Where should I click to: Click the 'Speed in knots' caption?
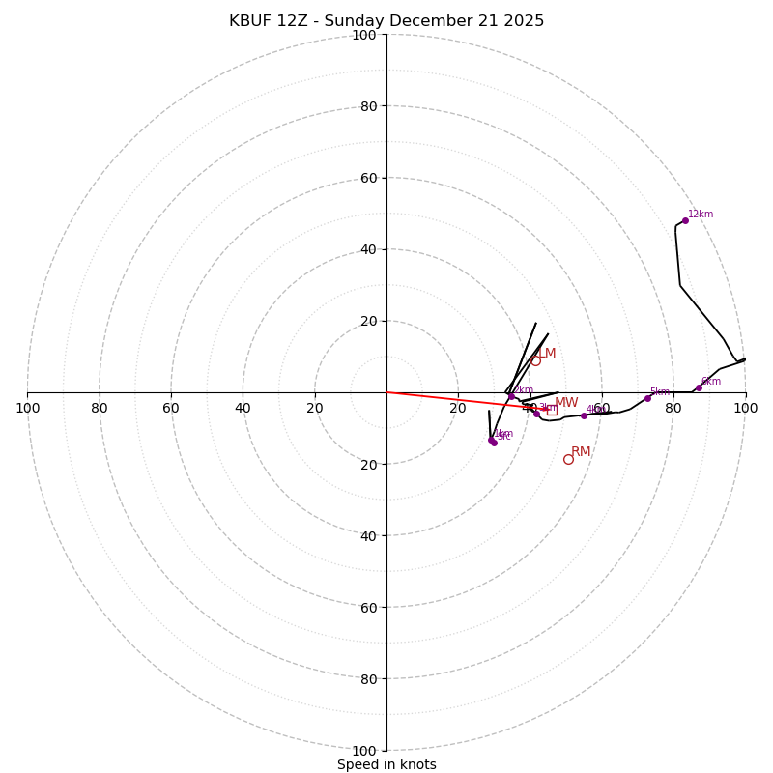(386, 764)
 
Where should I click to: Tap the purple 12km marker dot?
(685, 220)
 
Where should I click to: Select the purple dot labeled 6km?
(699, 387)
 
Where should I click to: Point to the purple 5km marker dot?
(647, 398)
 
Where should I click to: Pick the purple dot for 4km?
(584, 415)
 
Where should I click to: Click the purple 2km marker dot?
(511, 396)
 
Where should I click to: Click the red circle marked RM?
(568, 459)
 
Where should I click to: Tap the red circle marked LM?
(535, 360)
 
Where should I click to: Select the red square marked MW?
(552, 410)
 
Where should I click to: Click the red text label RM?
(581, 451)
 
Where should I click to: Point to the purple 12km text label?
(701, 215)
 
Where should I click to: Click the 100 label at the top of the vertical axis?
(364, 35)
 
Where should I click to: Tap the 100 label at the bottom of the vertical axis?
(364, 751)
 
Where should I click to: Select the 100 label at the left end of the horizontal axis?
(28, 408)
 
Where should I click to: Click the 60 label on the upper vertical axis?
(368, 178)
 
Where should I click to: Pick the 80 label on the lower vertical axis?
(368, 679)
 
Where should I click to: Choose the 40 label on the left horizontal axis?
(243, 408)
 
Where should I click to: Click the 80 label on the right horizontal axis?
(673, 408)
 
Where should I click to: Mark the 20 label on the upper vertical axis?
(368, 321)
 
